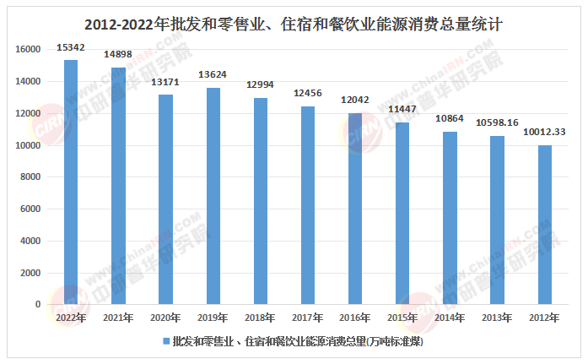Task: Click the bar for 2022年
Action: coord(71,182)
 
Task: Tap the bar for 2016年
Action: coord(355,209)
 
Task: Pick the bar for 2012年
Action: coord(545,225)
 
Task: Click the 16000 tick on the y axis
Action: coord(28,50)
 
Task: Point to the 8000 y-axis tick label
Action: coord(31,177)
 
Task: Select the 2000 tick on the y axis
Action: coord(31,273)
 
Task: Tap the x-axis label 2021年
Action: coord(118,318)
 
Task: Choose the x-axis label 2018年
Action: coord(261,318)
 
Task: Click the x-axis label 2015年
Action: coord(402,318)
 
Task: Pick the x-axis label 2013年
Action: coord(498,318)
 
